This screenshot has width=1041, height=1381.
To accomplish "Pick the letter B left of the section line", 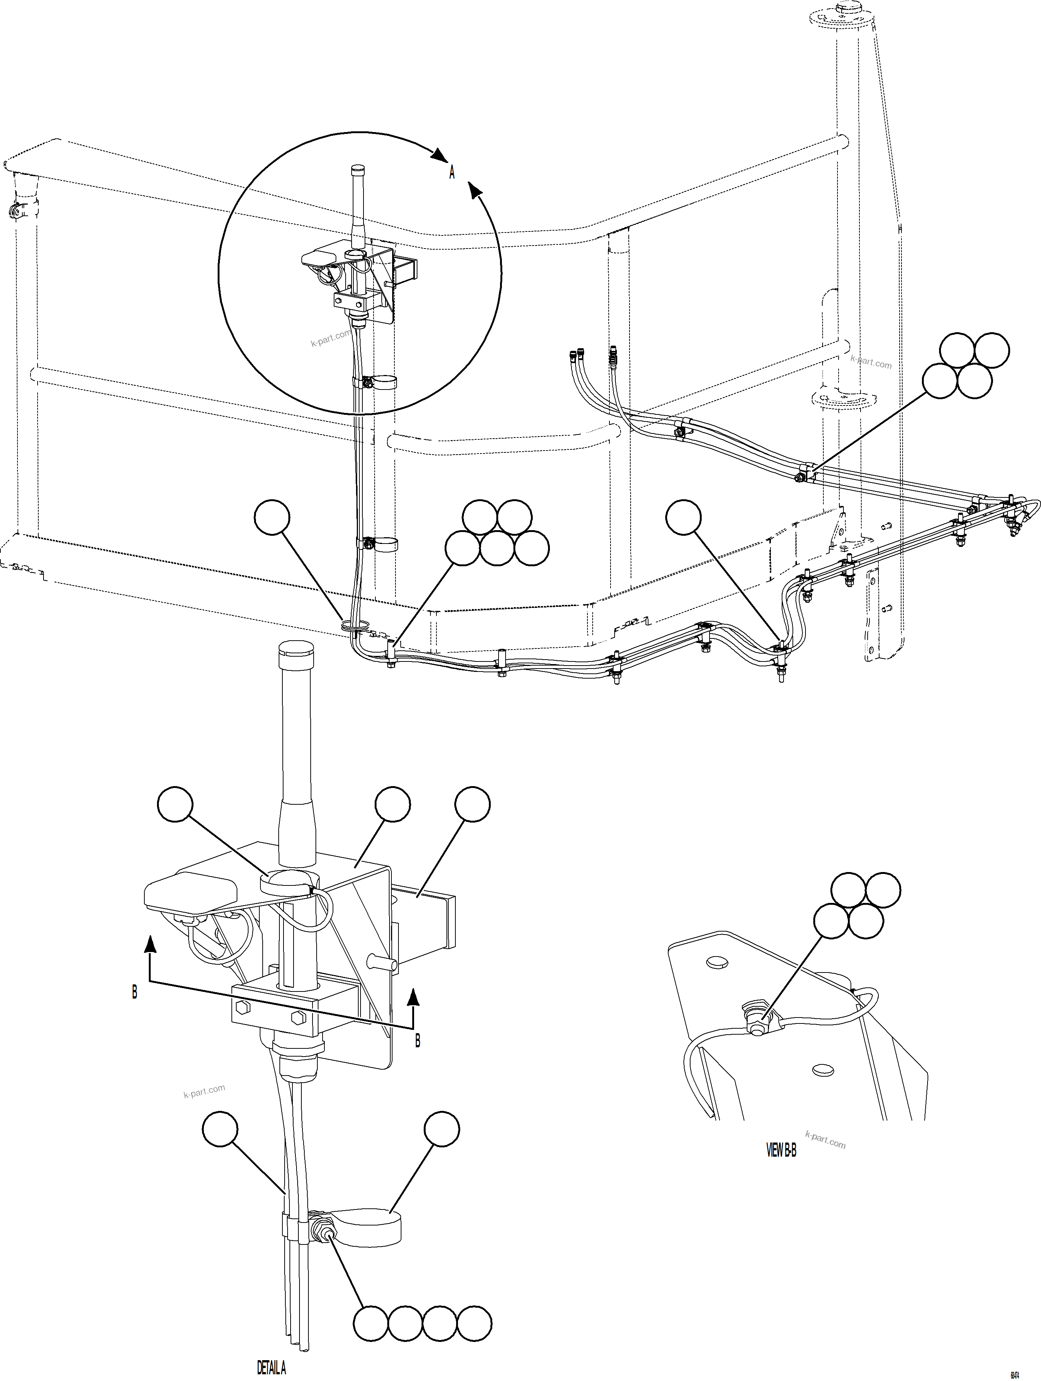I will (x=134, y=991).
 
